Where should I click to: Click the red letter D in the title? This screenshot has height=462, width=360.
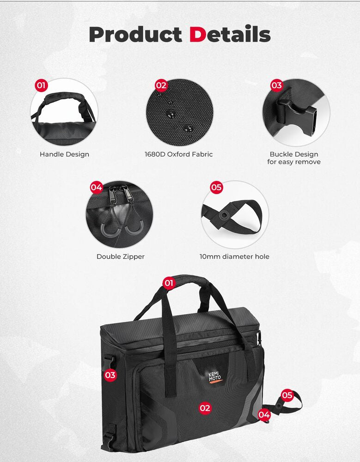[197, 35]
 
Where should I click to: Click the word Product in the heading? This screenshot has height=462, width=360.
[135, 35]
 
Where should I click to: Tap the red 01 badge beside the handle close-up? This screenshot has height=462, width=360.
[42, 85]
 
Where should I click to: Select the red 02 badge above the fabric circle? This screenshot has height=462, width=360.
[161, 85]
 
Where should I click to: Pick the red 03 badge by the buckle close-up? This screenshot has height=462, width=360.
[276, 85]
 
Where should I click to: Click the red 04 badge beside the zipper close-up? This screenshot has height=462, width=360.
[96, 188]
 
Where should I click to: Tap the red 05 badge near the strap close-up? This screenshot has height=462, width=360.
[216, 187]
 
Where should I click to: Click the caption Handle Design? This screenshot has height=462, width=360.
[64, 154]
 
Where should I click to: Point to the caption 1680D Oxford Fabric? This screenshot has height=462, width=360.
[179, 154]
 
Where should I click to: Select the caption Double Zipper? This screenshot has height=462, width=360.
[121, 256]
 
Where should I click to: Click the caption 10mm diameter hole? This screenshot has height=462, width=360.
[234, 256]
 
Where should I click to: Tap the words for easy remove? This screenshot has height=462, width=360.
[294, 162]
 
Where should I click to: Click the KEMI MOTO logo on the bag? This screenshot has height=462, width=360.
[214, 374]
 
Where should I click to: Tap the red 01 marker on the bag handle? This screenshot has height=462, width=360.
[169, 283]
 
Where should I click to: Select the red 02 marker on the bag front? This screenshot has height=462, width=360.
[205, 408]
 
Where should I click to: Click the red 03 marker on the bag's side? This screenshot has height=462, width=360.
[110, 375]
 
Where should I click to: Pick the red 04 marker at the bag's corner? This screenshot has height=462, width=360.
[264, 415]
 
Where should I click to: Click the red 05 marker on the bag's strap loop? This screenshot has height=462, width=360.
[287, 395]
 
